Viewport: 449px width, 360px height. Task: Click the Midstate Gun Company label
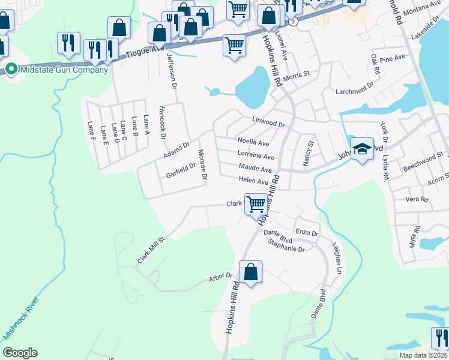[64, 70]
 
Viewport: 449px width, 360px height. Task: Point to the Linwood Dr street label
[268, 122]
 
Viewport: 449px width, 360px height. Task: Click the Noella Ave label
[253, 143]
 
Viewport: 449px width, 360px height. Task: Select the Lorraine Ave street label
[256, 156]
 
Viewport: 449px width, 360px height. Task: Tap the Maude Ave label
[255, 169]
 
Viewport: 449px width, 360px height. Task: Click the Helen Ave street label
[253, 181]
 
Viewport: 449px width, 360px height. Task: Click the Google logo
[20, 353]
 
